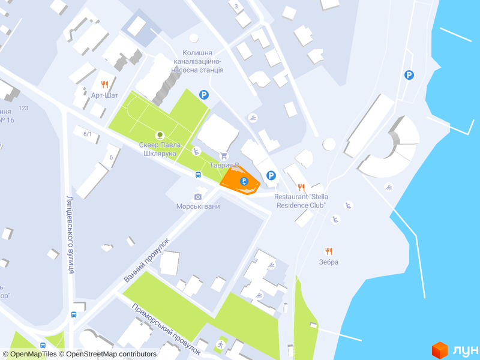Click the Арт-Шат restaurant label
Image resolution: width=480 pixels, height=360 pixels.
pyautogui.click(x=104, y=95)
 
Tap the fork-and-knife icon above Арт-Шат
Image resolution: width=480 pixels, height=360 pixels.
pyautogui.click(x=104, y=85)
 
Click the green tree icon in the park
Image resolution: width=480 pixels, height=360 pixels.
pyautogui.click(x=159, y=135)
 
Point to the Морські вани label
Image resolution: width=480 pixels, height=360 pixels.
pyautogui.click(x=197, y=206)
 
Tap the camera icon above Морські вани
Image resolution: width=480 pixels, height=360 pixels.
pyautogui.click(x=198, y=196)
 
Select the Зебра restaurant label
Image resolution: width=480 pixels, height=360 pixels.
pyautogui.click(x=329, y=262)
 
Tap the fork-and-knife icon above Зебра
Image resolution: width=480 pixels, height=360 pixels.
pyautogui.click(x=328, y=251)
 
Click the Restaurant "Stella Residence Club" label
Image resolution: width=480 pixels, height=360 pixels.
pyautogui.click(x=300, y=201)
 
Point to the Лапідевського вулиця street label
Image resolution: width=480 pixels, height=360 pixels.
pyautogui.click(x=70, y=234)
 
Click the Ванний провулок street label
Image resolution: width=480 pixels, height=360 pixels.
pyautogui.click(x=146, y=260)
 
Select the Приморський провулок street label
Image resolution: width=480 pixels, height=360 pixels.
pyautogui.click(x=166, y=327)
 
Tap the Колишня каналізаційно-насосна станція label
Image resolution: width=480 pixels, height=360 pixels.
pyautogui.click(x=197, y=62)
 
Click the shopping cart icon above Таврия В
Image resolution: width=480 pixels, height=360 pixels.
pyautogui.click(x=224, y=156)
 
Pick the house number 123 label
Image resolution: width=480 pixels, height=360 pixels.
pyautogui.click(x=23, y=108)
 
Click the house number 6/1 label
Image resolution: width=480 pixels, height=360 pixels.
pyautogui.click(x=88, y=134)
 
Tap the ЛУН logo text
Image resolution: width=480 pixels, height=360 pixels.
pyautogui.click(x=464, y=349)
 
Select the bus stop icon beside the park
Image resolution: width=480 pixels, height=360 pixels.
pyautogui.click(x=197, y=175)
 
